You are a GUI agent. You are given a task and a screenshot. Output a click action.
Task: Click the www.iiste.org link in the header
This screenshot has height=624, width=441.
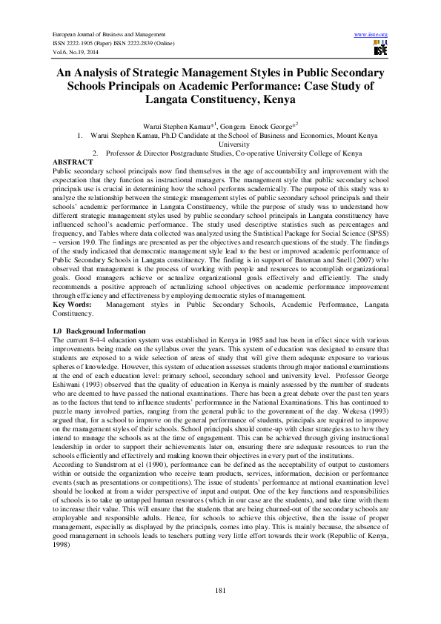click(x=372, y=35)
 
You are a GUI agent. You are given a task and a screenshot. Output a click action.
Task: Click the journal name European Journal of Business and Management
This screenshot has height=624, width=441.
click(x=107, y=35)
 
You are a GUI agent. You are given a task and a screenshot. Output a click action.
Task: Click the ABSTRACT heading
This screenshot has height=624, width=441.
click(x=73, y=162)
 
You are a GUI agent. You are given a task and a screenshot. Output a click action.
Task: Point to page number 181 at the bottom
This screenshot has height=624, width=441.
click(x=220, y=589)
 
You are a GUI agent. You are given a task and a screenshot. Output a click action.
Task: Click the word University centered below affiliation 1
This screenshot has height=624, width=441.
click(x=219, y=145)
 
